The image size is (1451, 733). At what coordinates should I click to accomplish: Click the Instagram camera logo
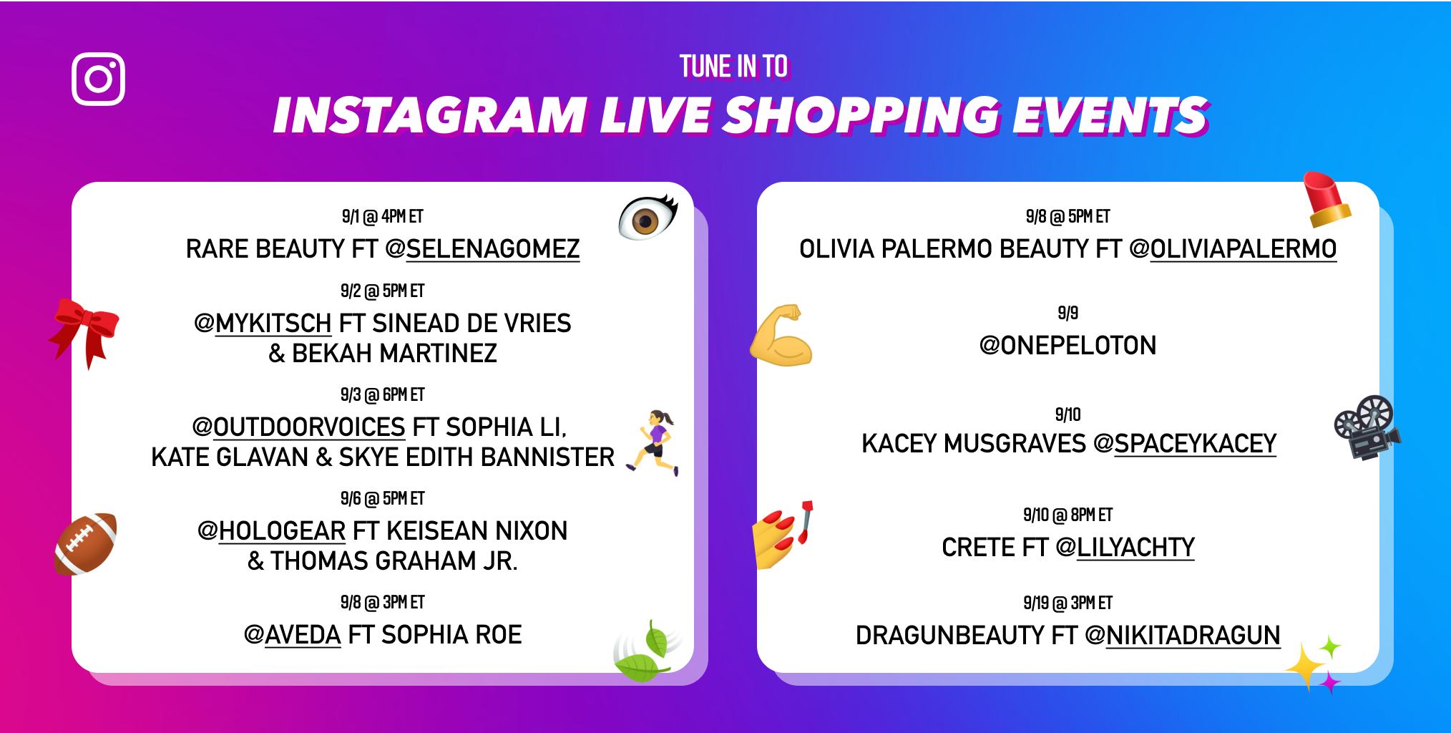[x=99, y=79]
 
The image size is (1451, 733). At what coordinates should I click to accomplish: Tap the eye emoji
[x=648, y=218]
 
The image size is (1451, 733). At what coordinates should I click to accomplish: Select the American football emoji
[x=86, y=543]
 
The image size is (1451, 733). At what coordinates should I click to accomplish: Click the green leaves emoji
[x=645, y=653]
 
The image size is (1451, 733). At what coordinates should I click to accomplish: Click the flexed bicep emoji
[x=781, y=336]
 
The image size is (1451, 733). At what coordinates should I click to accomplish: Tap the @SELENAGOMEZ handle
[x=482, y=249]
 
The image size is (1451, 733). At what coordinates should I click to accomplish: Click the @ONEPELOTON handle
[x=1068, y=346]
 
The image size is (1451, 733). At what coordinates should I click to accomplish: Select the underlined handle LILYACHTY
[x=1135, y=548]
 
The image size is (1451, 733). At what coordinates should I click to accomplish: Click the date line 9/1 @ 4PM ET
[x=382, y=216]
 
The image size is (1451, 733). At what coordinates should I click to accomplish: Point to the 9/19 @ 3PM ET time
[x=1068, y=603]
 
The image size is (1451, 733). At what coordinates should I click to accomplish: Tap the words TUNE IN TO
[x=733, y=67]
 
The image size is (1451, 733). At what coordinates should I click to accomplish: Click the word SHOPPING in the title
[x=859, y=115]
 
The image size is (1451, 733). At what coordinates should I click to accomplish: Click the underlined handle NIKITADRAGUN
[x=1192, y=636]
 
